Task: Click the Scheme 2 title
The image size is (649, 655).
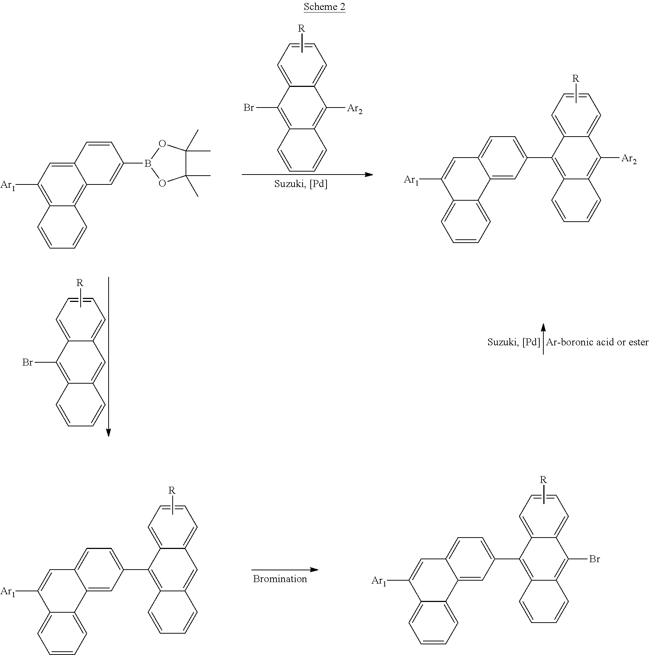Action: pos(324,7)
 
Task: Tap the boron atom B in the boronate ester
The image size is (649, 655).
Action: pos(148,163)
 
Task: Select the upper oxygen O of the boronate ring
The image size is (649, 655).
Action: pos(162,143)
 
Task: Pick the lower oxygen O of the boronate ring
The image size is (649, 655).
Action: pos(162,183)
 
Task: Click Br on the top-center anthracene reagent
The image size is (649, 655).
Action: pos(249,108)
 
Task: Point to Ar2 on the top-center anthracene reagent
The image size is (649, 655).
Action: pos(355,109)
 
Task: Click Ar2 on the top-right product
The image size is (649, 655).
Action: pos(629,159)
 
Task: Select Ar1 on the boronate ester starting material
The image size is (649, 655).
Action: pos(8,185)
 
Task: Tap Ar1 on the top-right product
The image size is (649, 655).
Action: pos(412,180)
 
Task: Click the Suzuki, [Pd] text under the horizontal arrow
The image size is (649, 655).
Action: pos(301,184)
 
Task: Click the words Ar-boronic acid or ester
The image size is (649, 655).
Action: pos(597,342)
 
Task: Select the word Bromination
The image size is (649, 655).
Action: pos(280,578)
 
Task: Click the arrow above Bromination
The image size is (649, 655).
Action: pos(285,570)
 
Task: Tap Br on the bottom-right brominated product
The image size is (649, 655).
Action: pos(595,559)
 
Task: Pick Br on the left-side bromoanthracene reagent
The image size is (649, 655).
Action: pos(28,362)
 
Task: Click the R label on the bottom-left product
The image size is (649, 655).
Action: pos(172,490)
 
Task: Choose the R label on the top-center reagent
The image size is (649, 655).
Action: pos(301,28)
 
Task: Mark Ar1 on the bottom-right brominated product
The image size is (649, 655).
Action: pos(379,581)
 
